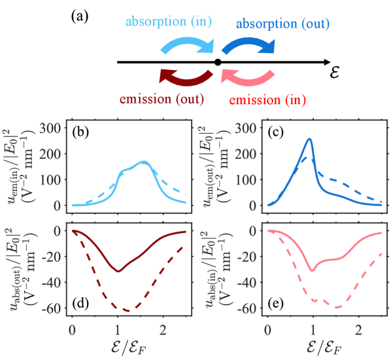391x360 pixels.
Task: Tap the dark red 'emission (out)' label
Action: tap(161, 100)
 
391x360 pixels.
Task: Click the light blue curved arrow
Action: tap(188, 46)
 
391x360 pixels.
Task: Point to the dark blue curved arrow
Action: tap(246, 46)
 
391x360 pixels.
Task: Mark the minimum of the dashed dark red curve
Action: tap(127, 310)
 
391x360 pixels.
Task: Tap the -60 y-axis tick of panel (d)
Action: tap(54, 308)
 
